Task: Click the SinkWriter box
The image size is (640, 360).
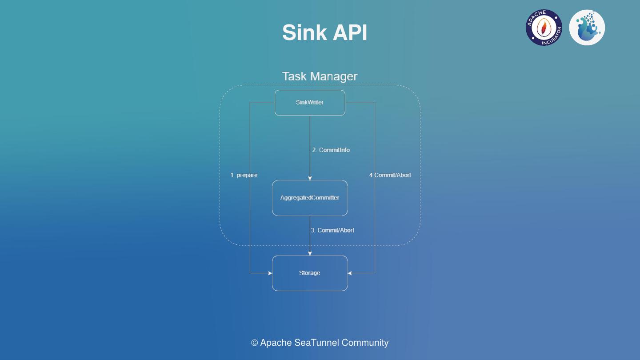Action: pos(310,103)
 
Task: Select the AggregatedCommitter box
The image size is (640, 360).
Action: pos(310,198)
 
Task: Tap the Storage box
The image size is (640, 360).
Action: pos(310,273)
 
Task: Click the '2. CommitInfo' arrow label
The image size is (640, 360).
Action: pos(331,150)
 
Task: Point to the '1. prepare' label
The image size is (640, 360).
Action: pos(244,175)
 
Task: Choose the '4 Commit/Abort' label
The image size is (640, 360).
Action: pos(390,175)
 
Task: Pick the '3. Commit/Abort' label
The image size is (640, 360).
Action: pos(332,230)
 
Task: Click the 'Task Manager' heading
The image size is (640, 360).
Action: pos(320,76)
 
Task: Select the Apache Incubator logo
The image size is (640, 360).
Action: pos(544,28)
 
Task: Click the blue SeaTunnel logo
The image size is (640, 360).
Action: pos(587,28)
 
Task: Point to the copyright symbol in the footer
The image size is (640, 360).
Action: pos(255,343)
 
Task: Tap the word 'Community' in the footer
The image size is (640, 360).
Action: pos(365,343)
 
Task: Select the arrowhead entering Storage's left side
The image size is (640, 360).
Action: pos(270,273)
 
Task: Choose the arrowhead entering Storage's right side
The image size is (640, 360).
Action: pos(350,273)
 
